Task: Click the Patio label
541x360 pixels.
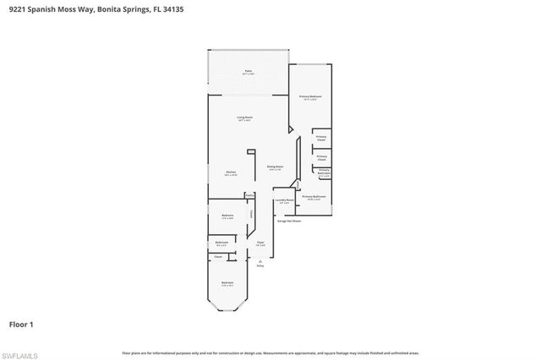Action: click(249, 72)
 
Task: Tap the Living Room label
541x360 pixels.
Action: click(245, 118)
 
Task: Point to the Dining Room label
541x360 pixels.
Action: click(275, 166)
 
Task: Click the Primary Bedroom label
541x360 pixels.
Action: click(310, 98)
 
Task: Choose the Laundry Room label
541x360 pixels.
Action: click(283, 200)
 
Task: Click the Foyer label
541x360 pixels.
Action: click(261, 243)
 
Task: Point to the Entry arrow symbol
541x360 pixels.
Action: click(260, 261)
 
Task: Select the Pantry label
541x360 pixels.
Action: click(250, 196)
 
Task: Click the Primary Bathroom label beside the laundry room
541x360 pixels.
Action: click(314, 197)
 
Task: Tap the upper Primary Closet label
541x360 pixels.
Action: click(321, 138)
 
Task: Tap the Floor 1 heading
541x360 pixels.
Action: click(21, 324)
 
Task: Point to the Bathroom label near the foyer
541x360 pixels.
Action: click(221, 243)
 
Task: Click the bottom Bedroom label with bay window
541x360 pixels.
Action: click(227, 283)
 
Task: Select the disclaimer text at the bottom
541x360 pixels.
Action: click(270, 352)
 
